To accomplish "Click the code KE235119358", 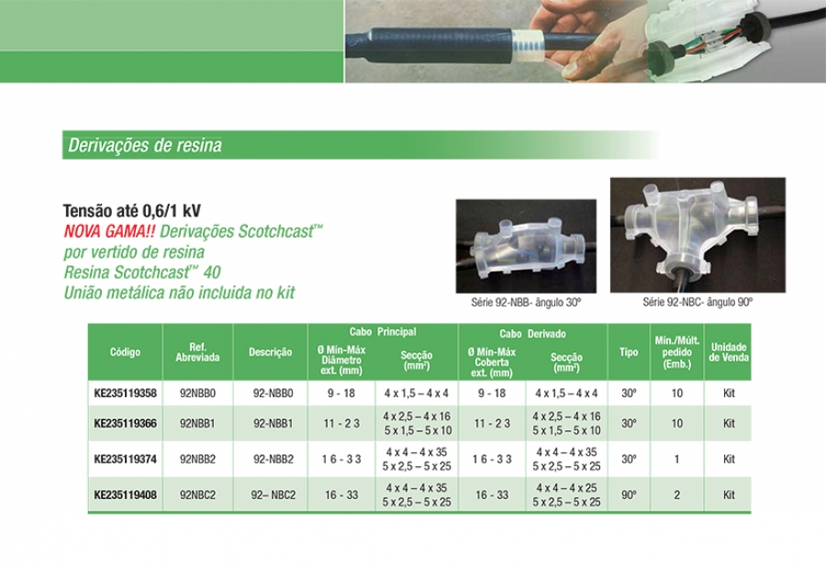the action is pyautogui.click(x=126, y=394).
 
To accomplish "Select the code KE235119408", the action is pyautogui.click(x=126, y=495).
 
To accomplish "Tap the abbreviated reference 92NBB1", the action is pyautogui.click(x=197, y=423).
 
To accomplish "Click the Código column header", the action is pyautogui.click(x=126, y=352).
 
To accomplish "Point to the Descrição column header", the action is pyautogui.click(x=270, y=352).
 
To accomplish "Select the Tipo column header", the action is pyautogui.click(x=629, y=352).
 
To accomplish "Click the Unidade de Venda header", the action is pyautogui.click(x=729, y=352).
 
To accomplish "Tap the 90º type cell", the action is pyautogui.click(x=629, y=495).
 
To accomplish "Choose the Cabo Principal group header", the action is pyautogui.click(x=383, y=332).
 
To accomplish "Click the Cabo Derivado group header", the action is pyautogui.click(x=532, y=334).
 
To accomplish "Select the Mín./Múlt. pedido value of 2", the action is pyautogui.click(x=677, y=495).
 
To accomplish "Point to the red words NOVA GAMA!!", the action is pyautogui.click(x=109, y=231).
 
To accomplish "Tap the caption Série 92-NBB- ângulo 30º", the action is pyautogui.click(x=526, y=303).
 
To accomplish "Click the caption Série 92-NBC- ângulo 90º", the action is pyautogui.click(x=698, y=302).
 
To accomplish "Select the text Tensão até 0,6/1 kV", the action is pyautogui.click(x=131, y=211).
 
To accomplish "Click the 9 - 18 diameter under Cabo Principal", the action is pyautogui.click(x=341, y=394).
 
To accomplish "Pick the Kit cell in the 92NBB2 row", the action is pyautogui.click(x=729, y=459).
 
